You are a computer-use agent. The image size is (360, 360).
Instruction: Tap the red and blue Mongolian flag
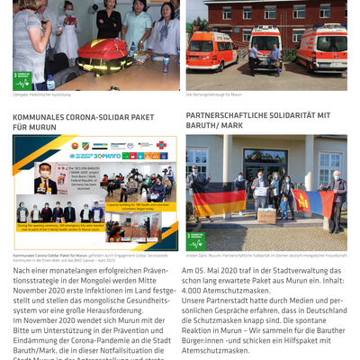(x=310, y=201)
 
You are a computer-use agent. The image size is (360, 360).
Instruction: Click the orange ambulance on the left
(x=211, y=52)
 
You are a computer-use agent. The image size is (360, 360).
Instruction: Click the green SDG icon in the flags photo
(x=195, y=240)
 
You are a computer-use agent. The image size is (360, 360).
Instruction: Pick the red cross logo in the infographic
(x=163, y=144)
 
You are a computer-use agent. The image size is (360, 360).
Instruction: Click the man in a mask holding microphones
(x=45, y=179)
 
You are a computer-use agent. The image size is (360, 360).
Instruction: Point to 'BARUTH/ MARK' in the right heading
(x=215, y=128)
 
